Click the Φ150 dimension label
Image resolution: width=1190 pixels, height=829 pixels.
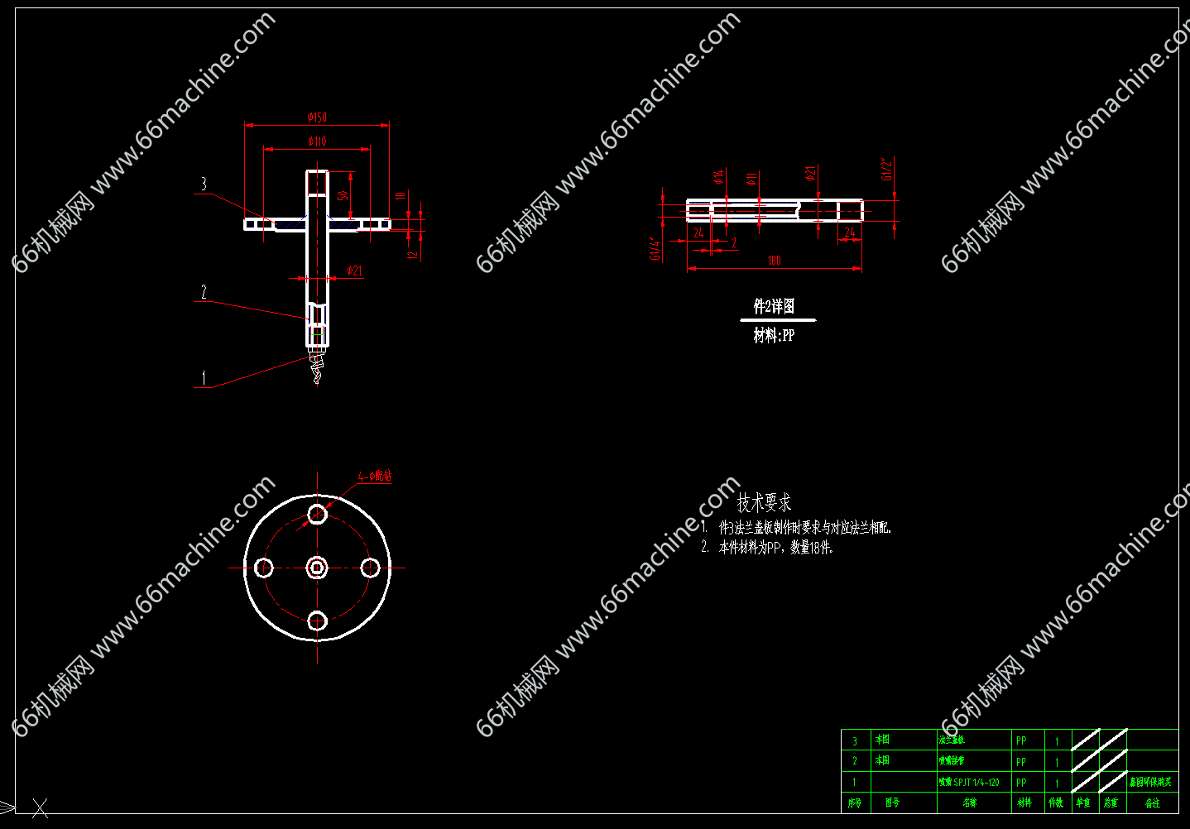pyautogui.click(x=317, y=117)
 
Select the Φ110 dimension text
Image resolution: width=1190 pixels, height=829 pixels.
pyautogui.click(x=317, y=141)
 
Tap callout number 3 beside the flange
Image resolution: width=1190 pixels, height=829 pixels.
pyautogui.click(x=204, y=184)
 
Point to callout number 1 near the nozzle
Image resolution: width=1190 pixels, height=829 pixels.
pyautogui.click(x=204, y=378)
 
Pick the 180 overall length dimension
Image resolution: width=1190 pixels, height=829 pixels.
pyautogui.click(x=774, y=261)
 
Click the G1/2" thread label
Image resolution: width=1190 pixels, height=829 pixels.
pyautogui.click(x=887, y=169)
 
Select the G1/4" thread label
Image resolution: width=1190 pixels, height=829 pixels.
pyautogui.click(x=655, y=249)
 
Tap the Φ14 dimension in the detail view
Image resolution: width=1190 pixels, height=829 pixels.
pyautogui.click(x=718, y=176)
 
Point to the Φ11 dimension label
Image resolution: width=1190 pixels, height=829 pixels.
pyautogui.click(x=751, y=179)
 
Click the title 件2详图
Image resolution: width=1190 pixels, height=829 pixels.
pyautogui.click(x=774, y=307)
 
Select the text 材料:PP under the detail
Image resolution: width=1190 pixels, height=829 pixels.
pyautogui.click(x=774, y=335)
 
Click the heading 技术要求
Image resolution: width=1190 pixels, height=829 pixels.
pyautogui.click(x=764, y=502)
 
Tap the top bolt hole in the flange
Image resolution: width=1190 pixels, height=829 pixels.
pyautogui.click(x=317, y=515)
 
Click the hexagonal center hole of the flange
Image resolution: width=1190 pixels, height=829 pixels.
pyautogui.click(x=317, y=568)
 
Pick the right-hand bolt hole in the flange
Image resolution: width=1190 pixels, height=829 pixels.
pyautogui.click(x=370, y=568)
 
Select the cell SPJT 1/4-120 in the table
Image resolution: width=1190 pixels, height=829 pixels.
pyautogui.click(x=969, y=782)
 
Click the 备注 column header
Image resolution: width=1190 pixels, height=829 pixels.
pyautogui.click(x=1152, y=803)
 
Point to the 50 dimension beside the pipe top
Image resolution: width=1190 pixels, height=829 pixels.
pyautogui.click(x=343, y=195)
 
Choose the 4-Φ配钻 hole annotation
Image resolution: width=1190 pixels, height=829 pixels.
pyautogui.click(x=375, y=477)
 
